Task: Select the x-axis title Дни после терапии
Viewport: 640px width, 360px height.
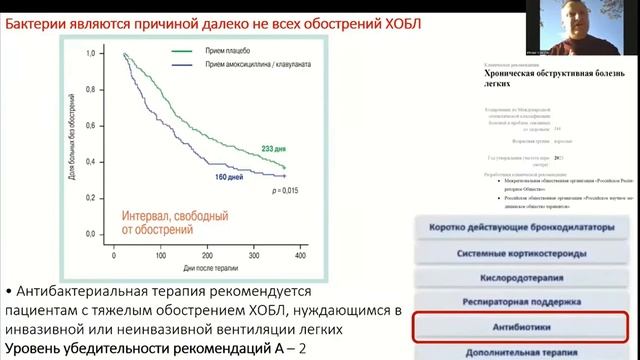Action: click(205, 267)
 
